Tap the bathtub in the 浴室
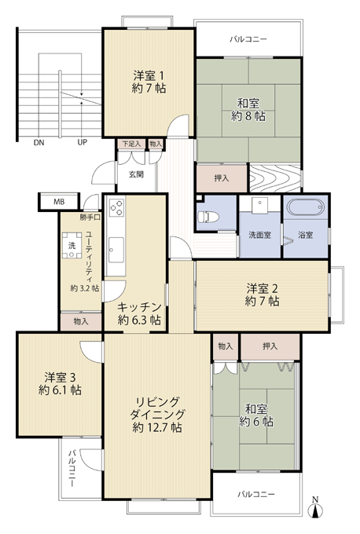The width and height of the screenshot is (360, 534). pos(304,207)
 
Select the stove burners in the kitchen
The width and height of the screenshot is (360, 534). pos(116,207)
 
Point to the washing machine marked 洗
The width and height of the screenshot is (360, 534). pos(72,245)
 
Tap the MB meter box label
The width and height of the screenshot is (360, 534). pos(59,202)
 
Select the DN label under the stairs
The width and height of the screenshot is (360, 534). pos(39,143)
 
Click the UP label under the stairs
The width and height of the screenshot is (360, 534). pos(83,142)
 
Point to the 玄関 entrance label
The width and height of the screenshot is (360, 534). pos(136,174)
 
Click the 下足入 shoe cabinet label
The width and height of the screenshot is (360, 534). pos(131,144)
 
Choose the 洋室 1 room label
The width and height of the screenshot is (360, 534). pos(149,75)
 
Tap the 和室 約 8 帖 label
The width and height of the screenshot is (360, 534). pos(248,109)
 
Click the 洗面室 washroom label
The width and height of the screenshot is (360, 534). pos(259,235)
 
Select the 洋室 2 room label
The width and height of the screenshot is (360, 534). pos(262,288)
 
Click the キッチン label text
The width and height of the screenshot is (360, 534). pos(139,307)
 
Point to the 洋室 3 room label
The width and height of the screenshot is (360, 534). pos(60,377)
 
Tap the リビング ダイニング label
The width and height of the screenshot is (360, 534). pos(157,408)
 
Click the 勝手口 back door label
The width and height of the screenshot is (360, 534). pos(90,218)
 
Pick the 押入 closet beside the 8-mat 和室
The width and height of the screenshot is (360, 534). pos(222,178)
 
